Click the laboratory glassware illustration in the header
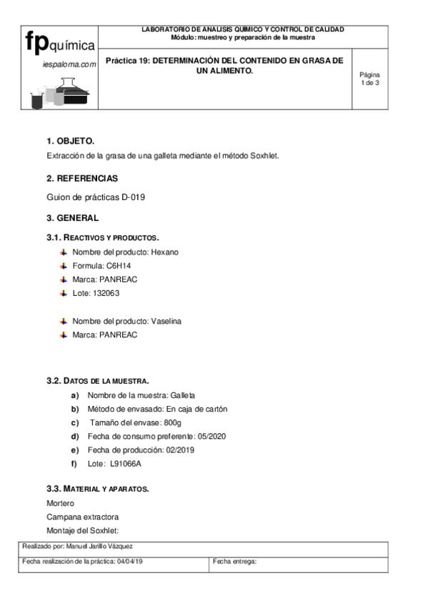pyautogui.click(x=60, y=91)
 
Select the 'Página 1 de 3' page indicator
pyautogui.click(x=369, y=79)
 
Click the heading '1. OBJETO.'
pyautogui.click(x=70, y=141)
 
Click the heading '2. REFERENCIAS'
pyautogui.click(x=82, y=178)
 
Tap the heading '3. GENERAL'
pyautogui.click(x=73, y=217)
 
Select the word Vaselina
pyautogui.click(x=166, y=321)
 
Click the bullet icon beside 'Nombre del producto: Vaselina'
pyautogui.click(x=63, y=321)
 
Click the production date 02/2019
pyautogui.click(x=181, y=449)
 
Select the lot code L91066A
pyautogui.click(x=126, y=464)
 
